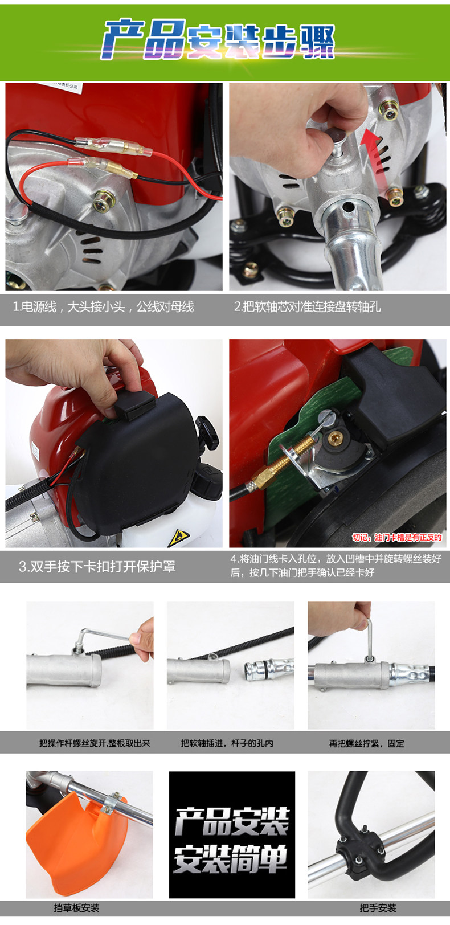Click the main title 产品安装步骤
(x=218, y=40)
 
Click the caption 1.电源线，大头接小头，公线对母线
(x=103, y=307)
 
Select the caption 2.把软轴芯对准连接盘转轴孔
(x=308, y=307)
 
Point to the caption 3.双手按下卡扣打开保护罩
(x=97, y=566)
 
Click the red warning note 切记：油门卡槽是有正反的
(x=397, y=537)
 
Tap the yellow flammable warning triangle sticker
(x=179, y=537)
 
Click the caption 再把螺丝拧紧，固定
(x=367, y=743)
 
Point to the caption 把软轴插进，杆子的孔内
(x=227, y=743)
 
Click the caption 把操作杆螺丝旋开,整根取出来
(x=95, y=743)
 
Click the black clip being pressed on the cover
(x=134, y=406)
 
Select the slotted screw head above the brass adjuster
(x=326, y=418)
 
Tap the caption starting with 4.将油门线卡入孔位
(x=336, y=566)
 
